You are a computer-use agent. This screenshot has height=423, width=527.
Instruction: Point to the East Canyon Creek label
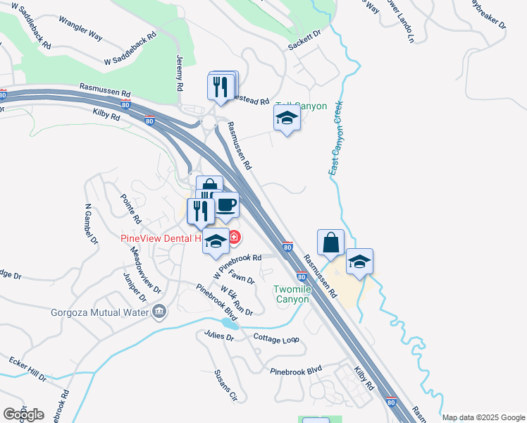[336, 138]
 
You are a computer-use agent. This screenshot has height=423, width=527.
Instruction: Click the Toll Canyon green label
[302, 106]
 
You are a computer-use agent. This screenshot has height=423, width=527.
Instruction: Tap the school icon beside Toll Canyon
[287, 118]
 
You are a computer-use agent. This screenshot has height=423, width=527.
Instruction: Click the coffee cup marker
[225, 205]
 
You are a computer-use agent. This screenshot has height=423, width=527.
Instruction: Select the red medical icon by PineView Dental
[233, 237]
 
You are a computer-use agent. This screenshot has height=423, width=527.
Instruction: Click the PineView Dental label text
[161, 238]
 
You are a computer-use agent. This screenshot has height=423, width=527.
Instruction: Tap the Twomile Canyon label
[292, 294]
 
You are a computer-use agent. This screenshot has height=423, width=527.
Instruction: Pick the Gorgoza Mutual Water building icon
[160, 312]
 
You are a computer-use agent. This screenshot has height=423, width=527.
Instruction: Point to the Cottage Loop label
[277, 338]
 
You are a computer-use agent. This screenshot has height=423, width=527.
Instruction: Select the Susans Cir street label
[225, 386]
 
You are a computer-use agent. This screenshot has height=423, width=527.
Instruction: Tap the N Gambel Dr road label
[89, 225]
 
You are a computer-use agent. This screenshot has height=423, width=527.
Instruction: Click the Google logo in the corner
[23, 414]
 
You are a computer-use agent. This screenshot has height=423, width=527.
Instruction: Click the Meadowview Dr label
[146, 279]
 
